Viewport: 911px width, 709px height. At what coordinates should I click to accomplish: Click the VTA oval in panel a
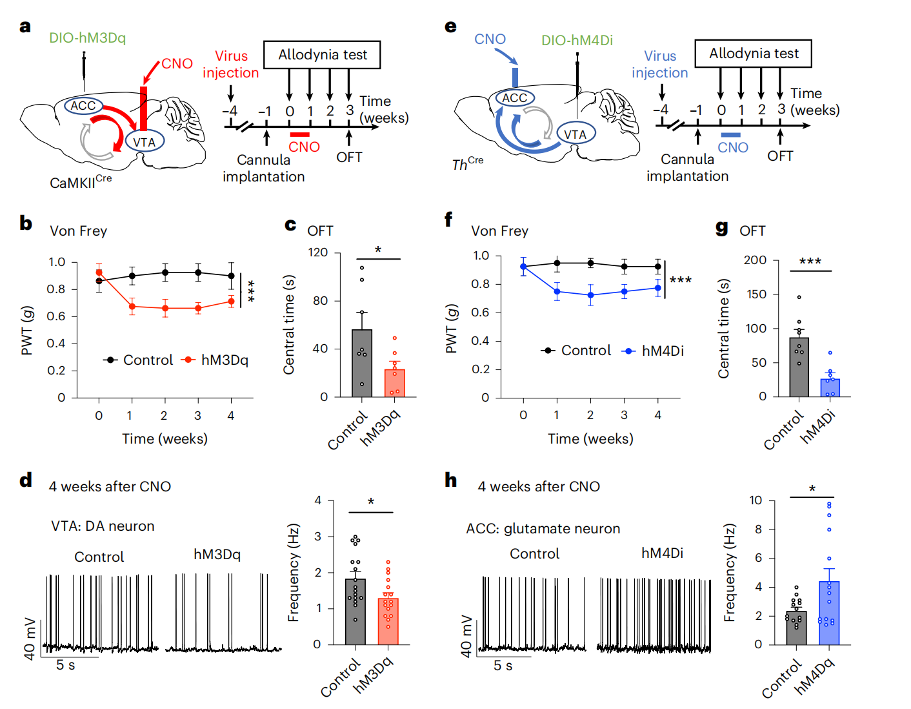coord(145,141)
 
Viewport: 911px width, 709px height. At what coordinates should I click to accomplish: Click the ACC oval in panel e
coord(515,98)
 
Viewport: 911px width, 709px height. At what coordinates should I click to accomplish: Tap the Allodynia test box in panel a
coord(322,55)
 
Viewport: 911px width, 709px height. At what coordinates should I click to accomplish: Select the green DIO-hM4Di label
coord(577,40)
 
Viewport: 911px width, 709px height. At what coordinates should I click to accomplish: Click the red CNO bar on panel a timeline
coord(300,134)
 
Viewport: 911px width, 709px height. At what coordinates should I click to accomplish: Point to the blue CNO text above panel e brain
coord(490,39)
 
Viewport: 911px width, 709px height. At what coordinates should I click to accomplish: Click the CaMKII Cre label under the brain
coord(81,182)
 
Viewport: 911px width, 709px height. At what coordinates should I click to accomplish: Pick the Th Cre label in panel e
coord(468,164)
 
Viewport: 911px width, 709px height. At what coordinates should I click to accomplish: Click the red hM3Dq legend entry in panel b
coord(216,360)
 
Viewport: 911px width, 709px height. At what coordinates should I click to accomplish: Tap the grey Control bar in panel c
coord(362,363)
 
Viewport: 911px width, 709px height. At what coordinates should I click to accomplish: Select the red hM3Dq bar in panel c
coord(395,383)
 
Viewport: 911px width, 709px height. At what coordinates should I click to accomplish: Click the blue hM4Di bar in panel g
coord(830,387)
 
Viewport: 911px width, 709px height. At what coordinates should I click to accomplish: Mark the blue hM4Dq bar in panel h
coord(829,613)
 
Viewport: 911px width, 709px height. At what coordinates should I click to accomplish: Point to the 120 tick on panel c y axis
coord(318,252)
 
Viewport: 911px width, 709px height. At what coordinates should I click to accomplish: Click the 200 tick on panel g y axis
coord(755,260)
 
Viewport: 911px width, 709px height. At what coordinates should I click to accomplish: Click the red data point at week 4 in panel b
coord(231,302)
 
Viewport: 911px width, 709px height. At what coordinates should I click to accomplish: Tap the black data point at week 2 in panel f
coord(590,263)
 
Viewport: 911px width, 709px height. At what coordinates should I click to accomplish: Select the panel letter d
coord(26,480)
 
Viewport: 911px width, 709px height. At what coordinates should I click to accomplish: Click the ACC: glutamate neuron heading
coord(543,529)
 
